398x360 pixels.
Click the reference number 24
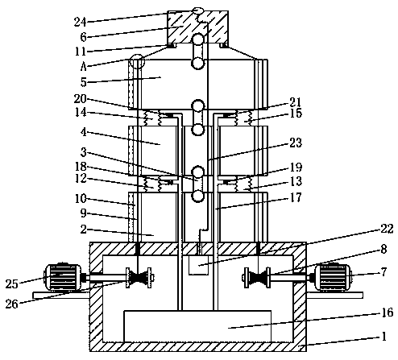[81, 22]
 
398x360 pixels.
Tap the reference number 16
[387, 312]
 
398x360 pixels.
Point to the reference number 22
[387, 229]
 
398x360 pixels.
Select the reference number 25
[12, 283]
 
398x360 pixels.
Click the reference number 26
[12, 304]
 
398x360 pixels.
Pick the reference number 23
[296, 143]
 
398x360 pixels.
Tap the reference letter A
[84, 66]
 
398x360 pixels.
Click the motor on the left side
[63, 277]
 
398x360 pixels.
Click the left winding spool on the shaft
[139, 277]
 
